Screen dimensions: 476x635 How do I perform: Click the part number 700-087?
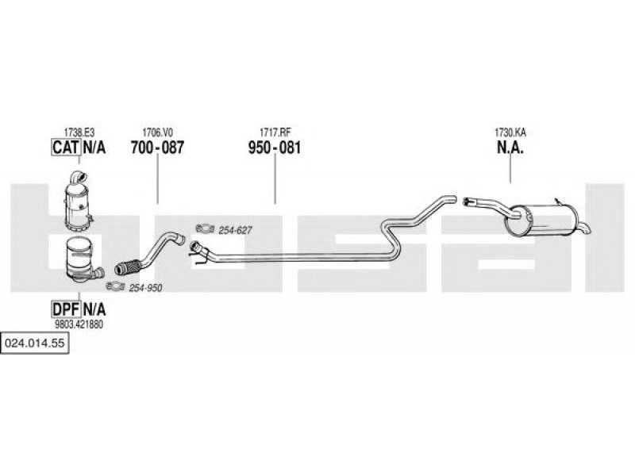click(157, 148)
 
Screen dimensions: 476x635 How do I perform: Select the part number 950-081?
click(275, 148)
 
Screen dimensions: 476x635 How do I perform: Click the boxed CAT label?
click(64, 148)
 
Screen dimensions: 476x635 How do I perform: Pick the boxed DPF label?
click(64, 308)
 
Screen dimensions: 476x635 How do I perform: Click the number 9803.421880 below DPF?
click(79, 324)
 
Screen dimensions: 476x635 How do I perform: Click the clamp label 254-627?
click(236, 230)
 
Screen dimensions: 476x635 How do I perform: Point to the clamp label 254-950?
click(145, 287)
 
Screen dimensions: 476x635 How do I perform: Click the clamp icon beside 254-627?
click(204, 230)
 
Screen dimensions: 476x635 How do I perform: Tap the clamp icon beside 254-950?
click(116, 286)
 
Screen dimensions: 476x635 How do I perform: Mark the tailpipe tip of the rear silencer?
click(585, 230)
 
